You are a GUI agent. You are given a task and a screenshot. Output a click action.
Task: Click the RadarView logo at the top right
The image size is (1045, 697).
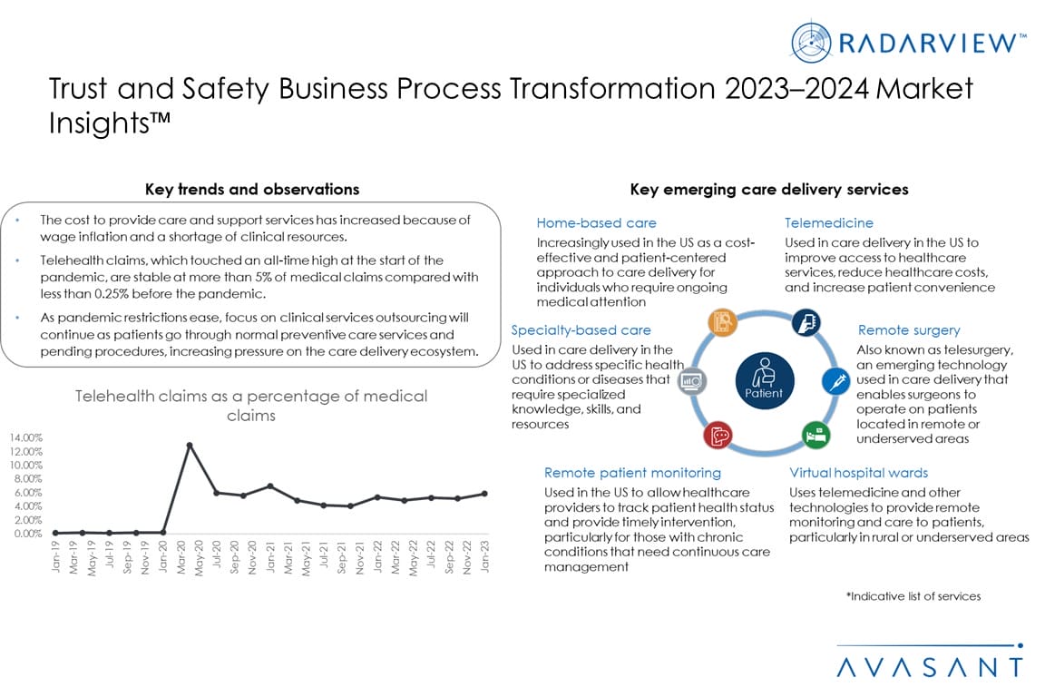coord(908,40)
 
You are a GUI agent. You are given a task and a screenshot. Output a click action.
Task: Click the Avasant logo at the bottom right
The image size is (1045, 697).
coord(929,666)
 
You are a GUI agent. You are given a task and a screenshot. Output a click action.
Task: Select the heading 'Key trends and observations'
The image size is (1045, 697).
coord(252,190)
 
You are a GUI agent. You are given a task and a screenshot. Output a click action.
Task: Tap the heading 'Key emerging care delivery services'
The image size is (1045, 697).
coord(769,190)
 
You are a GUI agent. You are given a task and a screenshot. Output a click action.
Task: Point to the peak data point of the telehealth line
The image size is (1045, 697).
coord(190,445)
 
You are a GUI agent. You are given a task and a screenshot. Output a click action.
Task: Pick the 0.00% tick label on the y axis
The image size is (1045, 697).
coord(27,534)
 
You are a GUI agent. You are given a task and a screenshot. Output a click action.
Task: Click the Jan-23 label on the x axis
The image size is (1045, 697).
coord(485,558)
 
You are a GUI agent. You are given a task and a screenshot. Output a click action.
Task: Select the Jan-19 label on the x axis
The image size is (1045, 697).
coord(56,558)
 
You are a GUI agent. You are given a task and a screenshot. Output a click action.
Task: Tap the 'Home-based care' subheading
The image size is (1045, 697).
coord(596,223)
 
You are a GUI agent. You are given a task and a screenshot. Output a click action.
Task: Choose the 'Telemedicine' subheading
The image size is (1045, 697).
coord(829,223)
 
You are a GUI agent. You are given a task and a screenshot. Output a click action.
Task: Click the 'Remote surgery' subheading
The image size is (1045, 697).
coord(908,330)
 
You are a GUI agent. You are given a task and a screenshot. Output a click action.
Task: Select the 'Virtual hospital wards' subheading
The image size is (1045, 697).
coord(858,473)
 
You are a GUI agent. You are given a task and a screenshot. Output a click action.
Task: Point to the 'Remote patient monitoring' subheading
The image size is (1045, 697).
coord(632,473)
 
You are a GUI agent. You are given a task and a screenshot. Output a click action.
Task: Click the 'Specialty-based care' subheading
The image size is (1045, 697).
coord(581,330)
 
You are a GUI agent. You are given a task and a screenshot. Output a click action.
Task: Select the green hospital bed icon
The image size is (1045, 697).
coord(814,433)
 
